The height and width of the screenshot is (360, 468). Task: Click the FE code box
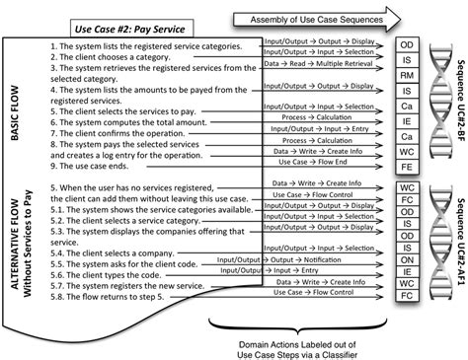(407, 167)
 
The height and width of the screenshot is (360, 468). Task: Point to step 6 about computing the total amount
(124, 122)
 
